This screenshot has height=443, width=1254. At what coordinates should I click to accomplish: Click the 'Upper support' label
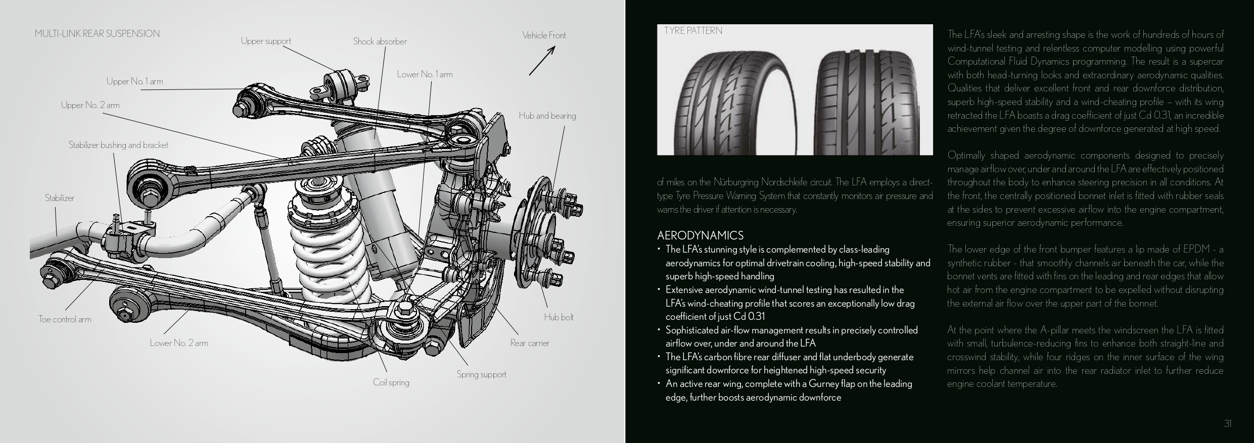(x=266, y=41)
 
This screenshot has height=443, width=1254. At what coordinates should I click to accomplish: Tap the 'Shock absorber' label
(x=380, y=42)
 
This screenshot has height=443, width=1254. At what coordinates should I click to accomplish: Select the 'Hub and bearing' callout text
(x=547, y=116)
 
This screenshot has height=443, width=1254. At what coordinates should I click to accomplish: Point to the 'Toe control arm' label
(x=65, y=319)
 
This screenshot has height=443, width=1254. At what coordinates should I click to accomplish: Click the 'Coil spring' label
(x=391, y=382)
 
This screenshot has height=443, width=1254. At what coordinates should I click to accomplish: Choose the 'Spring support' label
(x=481, y=375)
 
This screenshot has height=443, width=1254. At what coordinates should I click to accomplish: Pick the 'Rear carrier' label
(x=529, y=343)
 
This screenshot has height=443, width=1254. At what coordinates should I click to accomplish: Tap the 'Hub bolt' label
(x=559, y=318)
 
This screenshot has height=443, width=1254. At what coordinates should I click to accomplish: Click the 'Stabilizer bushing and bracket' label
(x=118, y=145)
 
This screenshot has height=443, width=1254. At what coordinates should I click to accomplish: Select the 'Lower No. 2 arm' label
(x=178, y=343)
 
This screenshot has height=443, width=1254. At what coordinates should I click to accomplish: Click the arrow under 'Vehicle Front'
(x=542, y=61)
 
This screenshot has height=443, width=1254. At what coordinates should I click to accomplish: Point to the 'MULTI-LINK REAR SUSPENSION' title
(x=97, y=34)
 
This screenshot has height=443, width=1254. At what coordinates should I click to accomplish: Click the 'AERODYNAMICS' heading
(x=700, y=236)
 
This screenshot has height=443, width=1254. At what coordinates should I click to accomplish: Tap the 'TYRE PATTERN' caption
(x=693, y=31)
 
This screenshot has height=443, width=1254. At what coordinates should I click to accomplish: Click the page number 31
(x=1227, y=423)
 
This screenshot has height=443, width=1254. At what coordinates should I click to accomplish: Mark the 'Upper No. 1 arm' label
(x=134, y=82)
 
